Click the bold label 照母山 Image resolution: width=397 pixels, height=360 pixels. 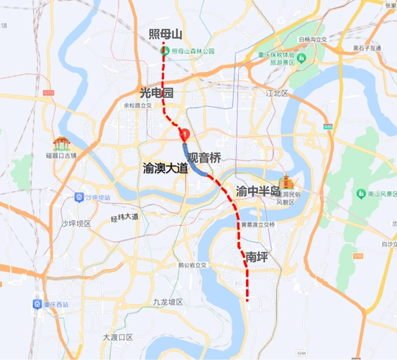coord(165,35)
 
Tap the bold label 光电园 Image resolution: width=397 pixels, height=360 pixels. coord(157,93)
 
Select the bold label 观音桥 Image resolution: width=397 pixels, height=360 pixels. coord(204,156)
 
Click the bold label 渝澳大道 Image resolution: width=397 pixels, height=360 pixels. coord(165,168)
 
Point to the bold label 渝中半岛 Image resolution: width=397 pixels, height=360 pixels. coord(257,192)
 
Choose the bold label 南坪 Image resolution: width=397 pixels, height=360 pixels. coord(258,256)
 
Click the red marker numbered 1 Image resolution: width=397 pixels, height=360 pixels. coord(185,133)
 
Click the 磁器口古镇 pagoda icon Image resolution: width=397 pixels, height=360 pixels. coord(60,144)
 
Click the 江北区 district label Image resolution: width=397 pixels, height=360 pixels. coord(276,94)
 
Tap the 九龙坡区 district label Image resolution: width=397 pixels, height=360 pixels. coord(168,302)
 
